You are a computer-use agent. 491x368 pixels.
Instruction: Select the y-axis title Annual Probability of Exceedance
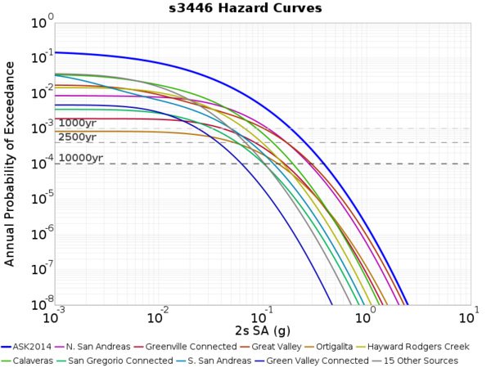tap(10, 164)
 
